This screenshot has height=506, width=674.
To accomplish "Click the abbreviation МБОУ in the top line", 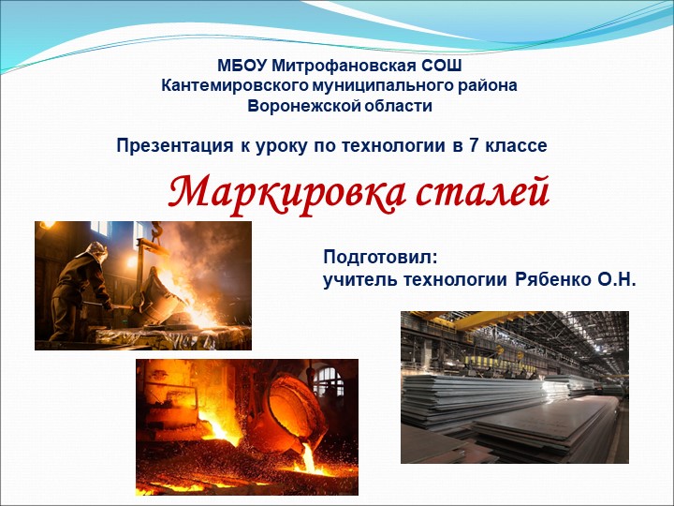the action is coord(242,66).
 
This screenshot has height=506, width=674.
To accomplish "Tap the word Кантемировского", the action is coord(235,85).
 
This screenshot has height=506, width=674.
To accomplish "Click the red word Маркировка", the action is coord(286,191).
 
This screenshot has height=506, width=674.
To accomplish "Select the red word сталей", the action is coord(482,190).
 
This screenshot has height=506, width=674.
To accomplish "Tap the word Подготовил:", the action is coord(381,258).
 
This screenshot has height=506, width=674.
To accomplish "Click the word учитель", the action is coord(360,280).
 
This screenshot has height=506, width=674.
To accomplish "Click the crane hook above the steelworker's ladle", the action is coord(156,230).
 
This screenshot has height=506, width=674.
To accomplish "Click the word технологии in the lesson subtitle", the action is coord(393,146).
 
